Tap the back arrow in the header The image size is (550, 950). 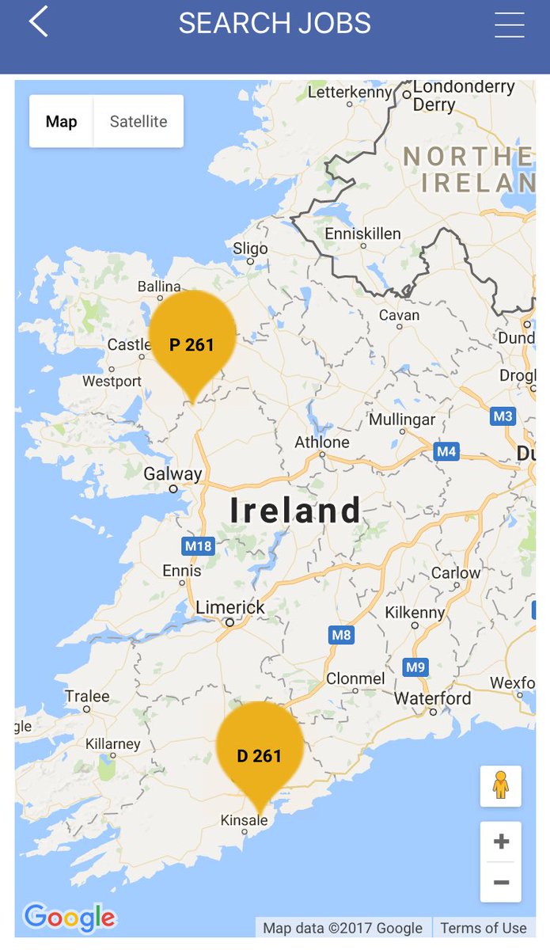[39, 21]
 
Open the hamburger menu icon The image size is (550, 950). [510, 25]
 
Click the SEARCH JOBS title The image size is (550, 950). [275, 24]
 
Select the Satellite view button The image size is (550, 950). [138, 121]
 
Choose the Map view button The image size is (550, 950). [62, 121]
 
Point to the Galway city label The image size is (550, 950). [173, 474]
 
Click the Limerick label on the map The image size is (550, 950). [230, 607]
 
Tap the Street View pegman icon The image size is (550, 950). [500, 785]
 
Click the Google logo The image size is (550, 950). [70, 918]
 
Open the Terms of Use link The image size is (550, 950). [483, 928]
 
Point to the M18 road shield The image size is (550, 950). [198, 545]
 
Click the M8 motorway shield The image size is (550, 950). [341, 635]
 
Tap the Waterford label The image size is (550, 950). [432, 698]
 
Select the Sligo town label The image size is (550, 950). [250, 249]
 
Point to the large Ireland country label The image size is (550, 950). [295, 511]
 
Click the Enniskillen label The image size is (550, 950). [363, 234]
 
